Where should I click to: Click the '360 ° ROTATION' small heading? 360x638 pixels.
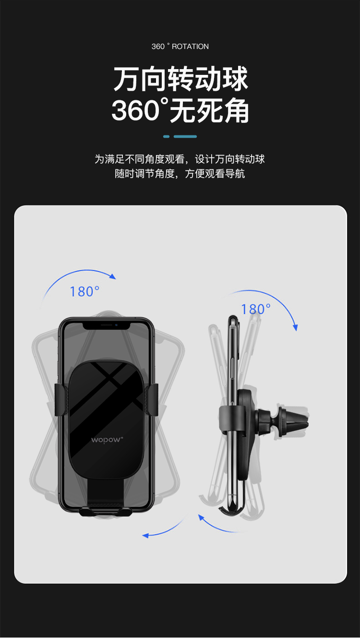click(180, 47)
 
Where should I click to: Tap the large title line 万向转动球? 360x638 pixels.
click(180, 78)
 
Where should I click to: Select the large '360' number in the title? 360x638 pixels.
click(135, 110)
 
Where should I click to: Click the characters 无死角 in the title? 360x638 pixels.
click(209, 110)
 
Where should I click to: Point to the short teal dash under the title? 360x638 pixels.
click(167, 136)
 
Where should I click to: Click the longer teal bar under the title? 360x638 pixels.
click(185, 136)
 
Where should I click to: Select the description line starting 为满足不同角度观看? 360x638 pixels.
click(180, 159)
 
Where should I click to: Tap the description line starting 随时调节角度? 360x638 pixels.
click(180, 173)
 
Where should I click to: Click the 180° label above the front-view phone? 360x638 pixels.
click(84, 292)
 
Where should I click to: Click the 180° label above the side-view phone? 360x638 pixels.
click(256, 309)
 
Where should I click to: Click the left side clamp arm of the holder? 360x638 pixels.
click(61, 400)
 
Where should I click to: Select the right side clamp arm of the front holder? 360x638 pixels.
click(152, 400)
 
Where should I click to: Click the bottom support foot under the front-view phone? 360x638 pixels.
click(106, 512)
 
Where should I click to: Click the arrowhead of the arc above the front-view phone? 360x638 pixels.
click(113, 277)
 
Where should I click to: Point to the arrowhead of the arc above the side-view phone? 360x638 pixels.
click(296, 327)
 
